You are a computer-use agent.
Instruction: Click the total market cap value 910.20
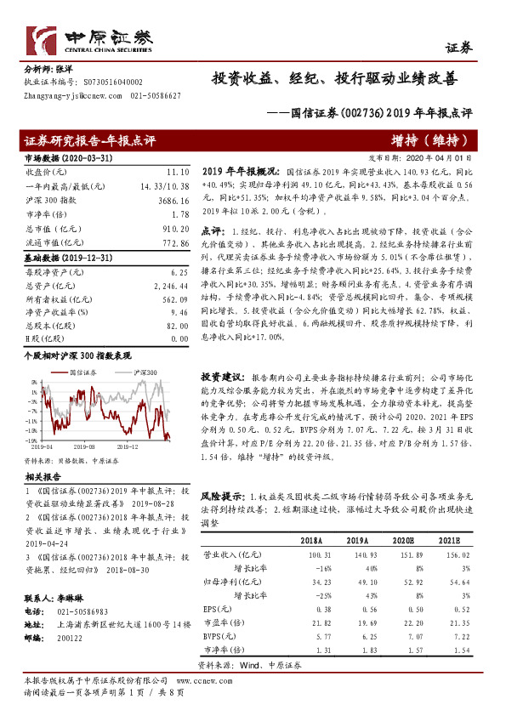[x=174, y=229]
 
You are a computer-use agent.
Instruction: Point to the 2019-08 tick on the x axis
[x=84, y=445]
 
